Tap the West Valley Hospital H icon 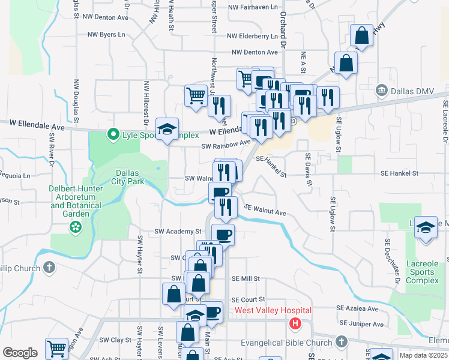pyautogui.click(x=295, y=324)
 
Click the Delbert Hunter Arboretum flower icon pyautogui.click(x=75, y=227)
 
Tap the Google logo pyautogui.click(x=20, y=353)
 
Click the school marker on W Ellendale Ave pyautogui.click(x=167, y=128)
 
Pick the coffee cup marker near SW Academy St pyautogui.click(x=223, y=234)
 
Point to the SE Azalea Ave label pyautogui.click(x=358, y=308)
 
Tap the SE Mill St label pyautogui.click(x=246, y=278)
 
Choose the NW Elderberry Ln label pyautogui.click(x=247, y=36)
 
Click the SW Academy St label pyautogui.click(x=178, y=231)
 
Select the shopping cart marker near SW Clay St pyautogui.click(x=56, y=348)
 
